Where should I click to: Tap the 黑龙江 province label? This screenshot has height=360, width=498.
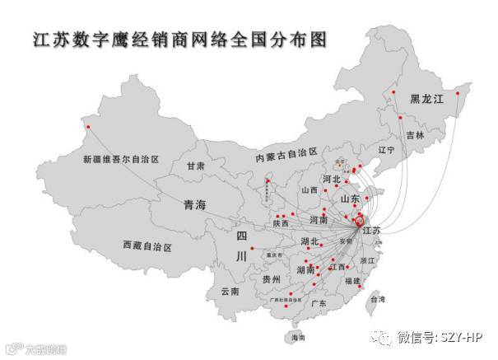426,99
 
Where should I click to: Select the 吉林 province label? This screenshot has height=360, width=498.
415,135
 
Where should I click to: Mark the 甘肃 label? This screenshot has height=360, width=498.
195,166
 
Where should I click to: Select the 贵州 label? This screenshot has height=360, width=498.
272,280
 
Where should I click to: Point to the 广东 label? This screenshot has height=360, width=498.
318,304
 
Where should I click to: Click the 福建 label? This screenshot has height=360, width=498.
353,282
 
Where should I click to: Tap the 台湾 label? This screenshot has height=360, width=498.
378,300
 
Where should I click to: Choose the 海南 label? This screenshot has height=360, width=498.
296,339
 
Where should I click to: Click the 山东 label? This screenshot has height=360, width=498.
350,199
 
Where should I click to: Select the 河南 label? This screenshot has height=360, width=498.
319,221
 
